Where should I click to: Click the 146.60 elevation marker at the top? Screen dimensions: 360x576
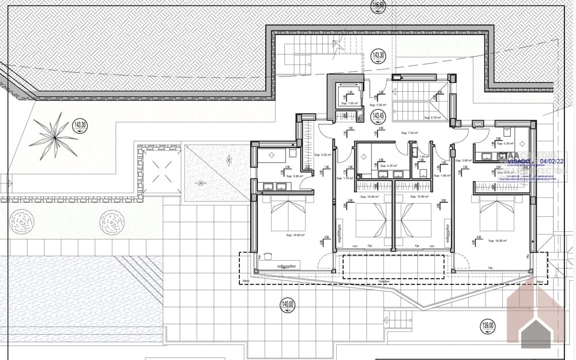pos(378,6)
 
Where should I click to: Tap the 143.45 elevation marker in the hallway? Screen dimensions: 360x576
pos(378,116)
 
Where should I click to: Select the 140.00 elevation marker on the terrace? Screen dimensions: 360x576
pos(288,306)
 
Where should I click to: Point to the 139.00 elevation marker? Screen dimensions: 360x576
pos(487,327)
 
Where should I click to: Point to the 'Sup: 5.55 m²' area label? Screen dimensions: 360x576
pos(321,155)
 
